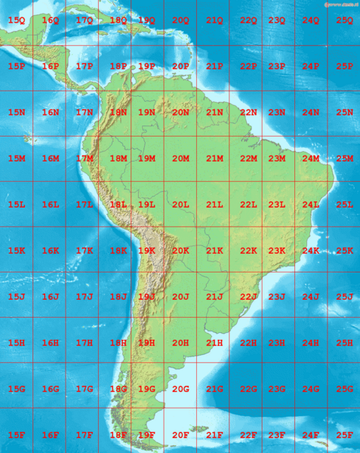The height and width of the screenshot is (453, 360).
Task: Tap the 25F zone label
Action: tap(345, 435)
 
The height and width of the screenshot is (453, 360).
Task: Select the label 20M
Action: tap(180, 159)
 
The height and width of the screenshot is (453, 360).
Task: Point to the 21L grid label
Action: tap(214, 205)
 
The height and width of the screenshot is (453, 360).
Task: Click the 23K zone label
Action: tap(276, 251)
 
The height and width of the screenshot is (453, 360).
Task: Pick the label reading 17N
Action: tap(84, 112)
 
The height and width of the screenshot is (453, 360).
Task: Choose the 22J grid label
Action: tap(248, 297)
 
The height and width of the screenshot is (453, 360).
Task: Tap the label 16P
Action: tap(51, 66)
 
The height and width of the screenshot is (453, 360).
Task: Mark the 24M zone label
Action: tap(310, 159)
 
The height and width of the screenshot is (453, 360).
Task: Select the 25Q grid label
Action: tap(345, 20)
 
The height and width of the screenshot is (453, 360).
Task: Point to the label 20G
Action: tap(180, 389)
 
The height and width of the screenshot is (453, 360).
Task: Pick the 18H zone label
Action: tap(118, 343)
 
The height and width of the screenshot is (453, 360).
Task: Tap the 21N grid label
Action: tap(214, 112)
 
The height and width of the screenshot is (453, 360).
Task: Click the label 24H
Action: tap(310, 343)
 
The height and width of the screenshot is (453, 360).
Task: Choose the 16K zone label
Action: tap(51, 251)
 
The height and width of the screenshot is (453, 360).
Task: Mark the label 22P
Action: tap(248, 66)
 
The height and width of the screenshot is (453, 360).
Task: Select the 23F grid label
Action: tap(276, 435)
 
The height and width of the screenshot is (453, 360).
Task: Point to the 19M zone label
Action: tap(146, 159)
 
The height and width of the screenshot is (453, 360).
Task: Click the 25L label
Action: tap(345, 205)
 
